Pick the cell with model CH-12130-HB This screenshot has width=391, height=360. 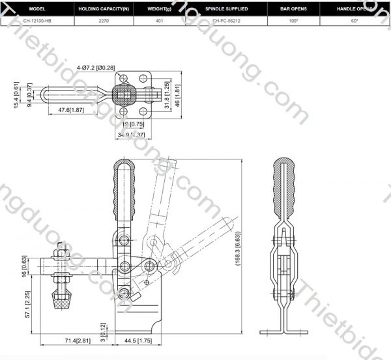click(37, 21)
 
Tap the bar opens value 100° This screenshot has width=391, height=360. click(293, 21)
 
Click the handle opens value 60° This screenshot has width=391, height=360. click(355, 21)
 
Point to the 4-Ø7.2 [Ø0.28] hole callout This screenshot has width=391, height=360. click(95, 68)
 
